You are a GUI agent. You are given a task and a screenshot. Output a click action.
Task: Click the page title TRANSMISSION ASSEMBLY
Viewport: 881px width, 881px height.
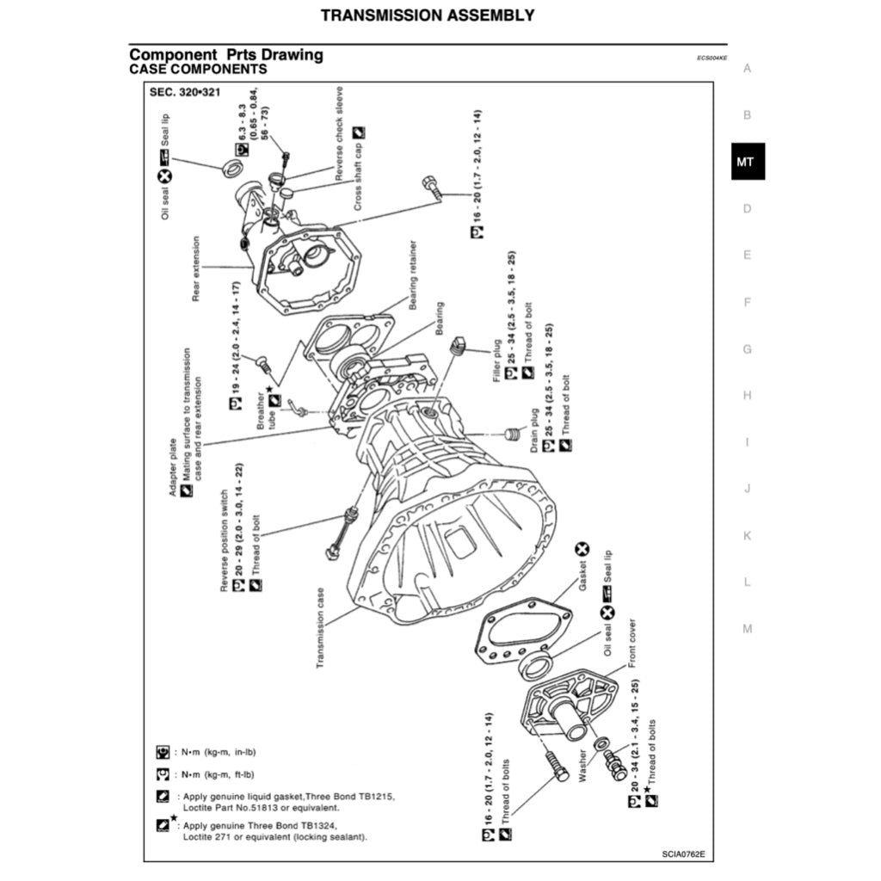click(428, 15)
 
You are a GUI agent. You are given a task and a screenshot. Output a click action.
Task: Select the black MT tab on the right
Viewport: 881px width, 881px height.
click(747, 162)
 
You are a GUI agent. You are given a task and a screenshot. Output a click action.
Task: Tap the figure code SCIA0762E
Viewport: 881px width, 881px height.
click(683, 854)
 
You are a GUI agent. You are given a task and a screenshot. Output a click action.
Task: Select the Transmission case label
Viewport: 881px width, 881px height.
click(320, 629)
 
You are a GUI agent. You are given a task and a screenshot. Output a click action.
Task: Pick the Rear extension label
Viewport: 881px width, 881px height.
click(196, 268)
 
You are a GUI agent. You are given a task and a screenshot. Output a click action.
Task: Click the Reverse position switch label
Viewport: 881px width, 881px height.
click(225, 541)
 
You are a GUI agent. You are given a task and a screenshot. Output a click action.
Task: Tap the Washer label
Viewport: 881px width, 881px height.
click(582, 765)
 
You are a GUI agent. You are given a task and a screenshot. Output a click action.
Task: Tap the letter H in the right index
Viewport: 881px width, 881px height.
click(747, 396)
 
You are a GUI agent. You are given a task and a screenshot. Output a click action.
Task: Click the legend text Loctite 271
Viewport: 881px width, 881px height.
click(210, 836)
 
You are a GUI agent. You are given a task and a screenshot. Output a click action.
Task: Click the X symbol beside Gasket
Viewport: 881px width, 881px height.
click(582, 549)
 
